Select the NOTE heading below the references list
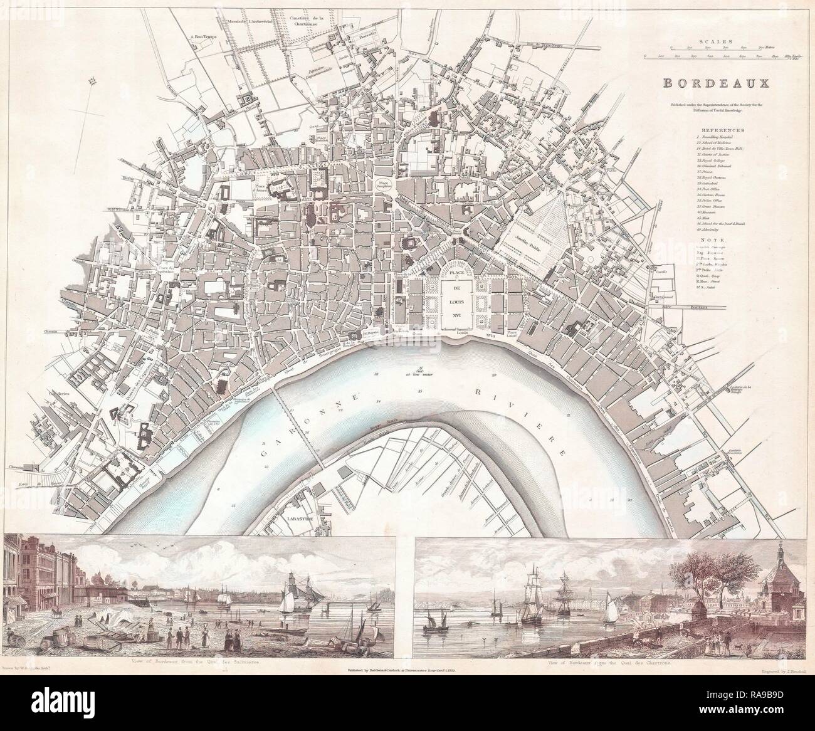tap(719, 239)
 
